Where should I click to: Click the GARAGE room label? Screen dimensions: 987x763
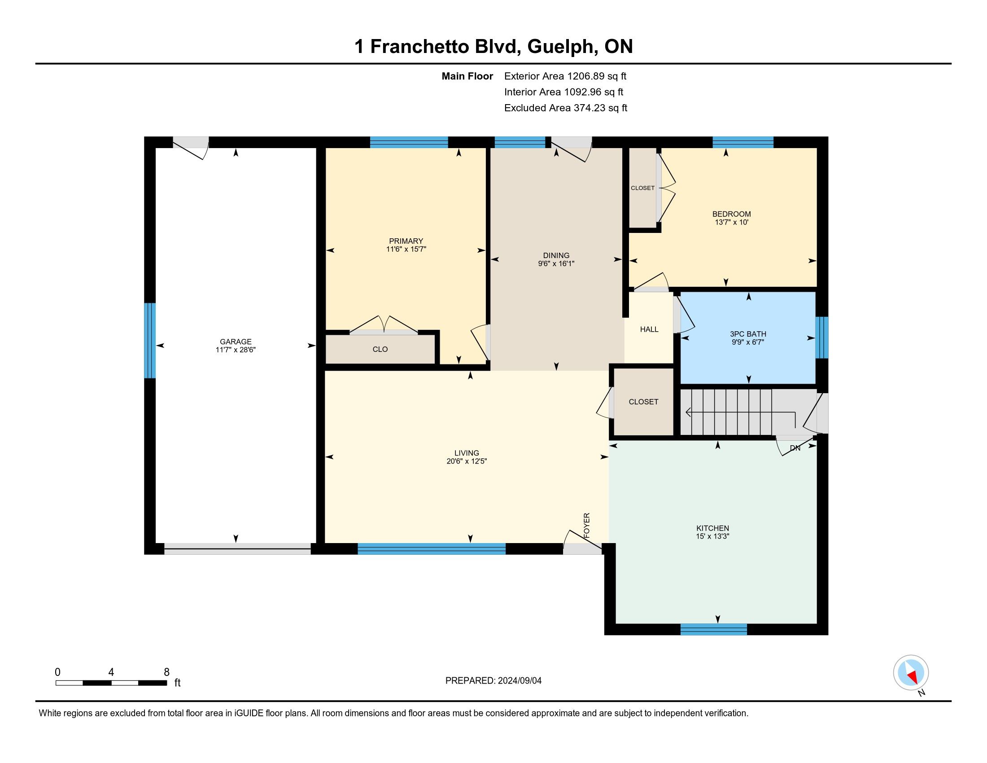tap(236, 342)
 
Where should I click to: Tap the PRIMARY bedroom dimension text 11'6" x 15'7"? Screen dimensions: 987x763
tap(406, 249)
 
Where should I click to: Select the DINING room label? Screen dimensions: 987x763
tap(556, 255)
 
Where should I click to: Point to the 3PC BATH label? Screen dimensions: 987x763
tap(748, 334)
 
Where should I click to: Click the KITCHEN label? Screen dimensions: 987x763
tap(713, 528)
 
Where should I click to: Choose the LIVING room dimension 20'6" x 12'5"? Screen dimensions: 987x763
tap(467, 461)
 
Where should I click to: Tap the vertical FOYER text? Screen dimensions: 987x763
tap(587, 525)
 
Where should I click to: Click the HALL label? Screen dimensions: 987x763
tap(649, 329)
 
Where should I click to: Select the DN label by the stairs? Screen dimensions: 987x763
tap(795, 448)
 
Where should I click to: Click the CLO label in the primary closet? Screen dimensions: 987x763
tap(380, 349)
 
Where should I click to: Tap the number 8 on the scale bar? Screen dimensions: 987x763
tap(166, 672)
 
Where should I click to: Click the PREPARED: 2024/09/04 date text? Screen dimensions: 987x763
tap(493, 680)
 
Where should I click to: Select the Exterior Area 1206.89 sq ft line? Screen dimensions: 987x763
tap(565, 76)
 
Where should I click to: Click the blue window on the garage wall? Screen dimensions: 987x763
tap(150, 340)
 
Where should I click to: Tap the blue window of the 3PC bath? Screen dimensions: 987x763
tap(821, 337)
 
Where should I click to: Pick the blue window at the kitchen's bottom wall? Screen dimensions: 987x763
tap(714, 629)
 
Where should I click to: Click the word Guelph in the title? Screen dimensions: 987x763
tap(560, 47)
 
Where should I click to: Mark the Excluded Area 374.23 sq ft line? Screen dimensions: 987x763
tap(566, 108)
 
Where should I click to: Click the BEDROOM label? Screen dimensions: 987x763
tap(731, 214)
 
